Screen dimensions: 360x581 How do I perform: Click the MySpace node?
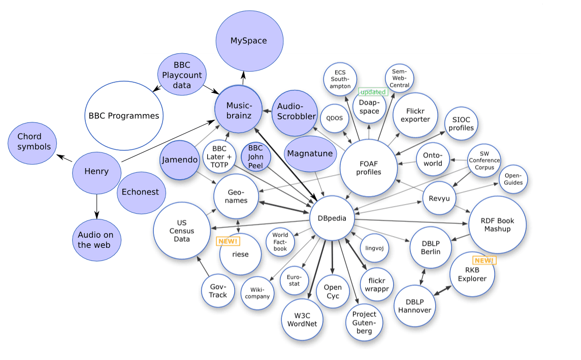(x=249, y=41)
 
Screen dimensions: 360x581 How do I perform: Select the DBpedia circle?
(x=332, y=218)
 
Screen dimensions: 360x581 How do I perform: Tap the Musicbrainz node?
(x=239, y=110)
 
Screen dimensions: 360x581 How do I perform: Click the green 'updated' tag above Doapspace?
(x=373, y=92)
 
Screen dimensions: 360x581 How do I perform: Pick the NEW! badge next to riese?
(x=228, y=241)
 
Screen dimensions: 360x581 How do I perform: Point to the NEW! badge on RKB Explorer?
(x=484, y=260)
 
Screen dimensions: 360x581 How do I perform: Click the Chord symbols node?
(x=33, y=143)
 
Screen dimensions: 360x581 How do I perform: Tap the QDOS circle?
(x=334, y=118)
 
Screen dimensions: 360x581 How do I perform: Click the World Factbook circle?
(x=280, y=242)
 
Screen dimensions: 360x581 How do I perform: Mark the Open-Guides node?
(x=513, y=179)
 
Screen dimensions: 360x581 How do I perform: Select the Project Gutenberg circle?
(x=364, y=322)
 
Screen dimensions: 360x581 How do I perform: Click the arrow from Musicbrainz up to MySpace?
(x=243, y=78)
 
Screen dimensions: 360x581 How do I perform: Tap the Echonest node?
(x=141, y=192)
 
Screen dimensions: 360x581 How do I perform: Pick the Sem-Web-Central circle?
(x=399, y=79)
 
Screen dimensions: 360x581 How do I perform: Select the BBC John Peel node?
(x=255, y=157)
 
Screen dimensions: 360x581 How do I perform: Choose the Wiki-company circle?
(x=257, y=293)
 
